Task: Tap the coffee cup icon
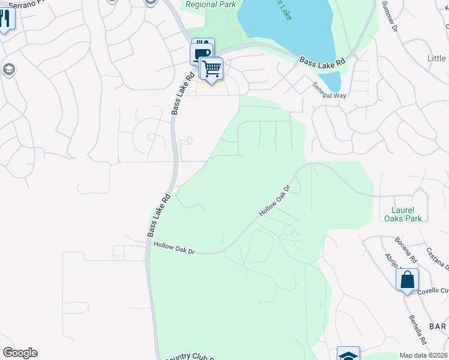tap(201, 53)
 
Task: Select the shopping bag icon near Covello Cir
tap(407, 280)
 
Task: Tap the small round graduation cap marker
tap(8, 69)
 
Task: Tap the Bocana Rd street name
tap(406, 250)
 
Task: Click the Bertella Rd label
tap(418, 329)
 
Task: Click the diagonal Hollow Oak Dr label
tap(275, 201)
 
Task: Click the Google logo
tap(20, 353)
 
